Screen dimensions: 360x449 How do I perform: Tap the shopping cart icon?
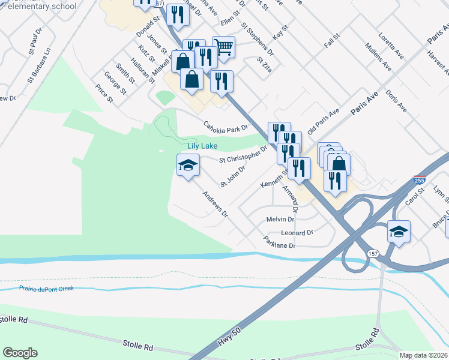[223, 47]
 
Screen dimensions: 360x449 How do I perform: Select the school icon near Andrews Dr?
[188, 165]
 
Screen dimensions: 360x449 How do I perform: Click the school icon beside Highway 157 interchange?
[399, 231]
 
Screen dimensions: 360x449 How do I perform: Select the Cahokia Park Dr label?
[226, 127]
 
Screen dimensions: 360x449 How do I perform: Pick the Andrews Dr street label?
[215, 205]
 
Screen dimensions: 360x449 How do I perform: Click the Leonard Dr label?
[297, 232]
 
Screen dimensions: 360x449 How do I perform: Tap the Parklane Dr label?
[280, 244]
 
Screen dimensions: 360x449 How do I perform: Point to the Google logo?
[20, 353]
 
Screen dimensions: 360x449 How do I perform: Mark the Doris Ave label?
[396, 101]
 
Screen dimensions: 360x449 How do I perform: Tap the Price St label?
[104, 93]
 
